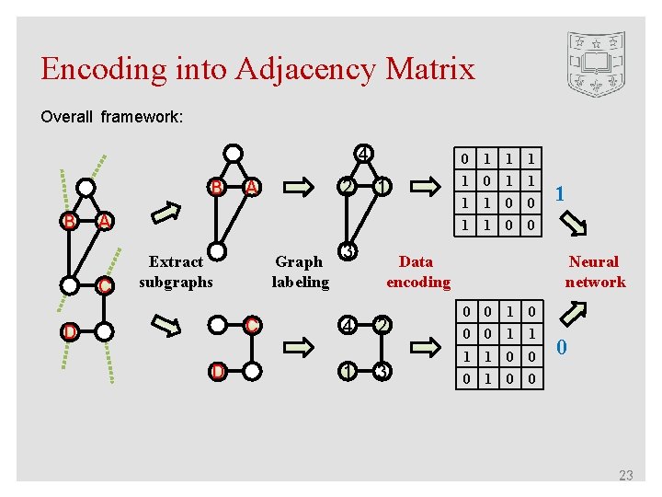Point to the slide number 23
coord(626,475)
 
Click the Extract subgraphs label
coord(176,272)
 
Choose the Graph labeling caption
coord(300,272)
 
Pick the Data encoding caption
coord(417,272)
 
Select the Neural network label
coord(594,272)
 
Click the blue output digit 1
coord(559,194)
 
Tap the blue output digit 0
coord(563,347)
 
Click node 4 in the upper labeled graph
coord(364,154)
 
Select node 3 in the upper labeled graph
coord(348,251)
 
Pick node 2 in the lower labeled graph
coord(381,325)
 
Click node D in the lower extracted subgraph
coord(217,371)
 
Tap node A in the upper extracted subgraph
coord(250,188)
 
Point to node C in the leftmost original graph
coord(106,286)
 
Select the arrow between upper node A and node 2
coord(300,188)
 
